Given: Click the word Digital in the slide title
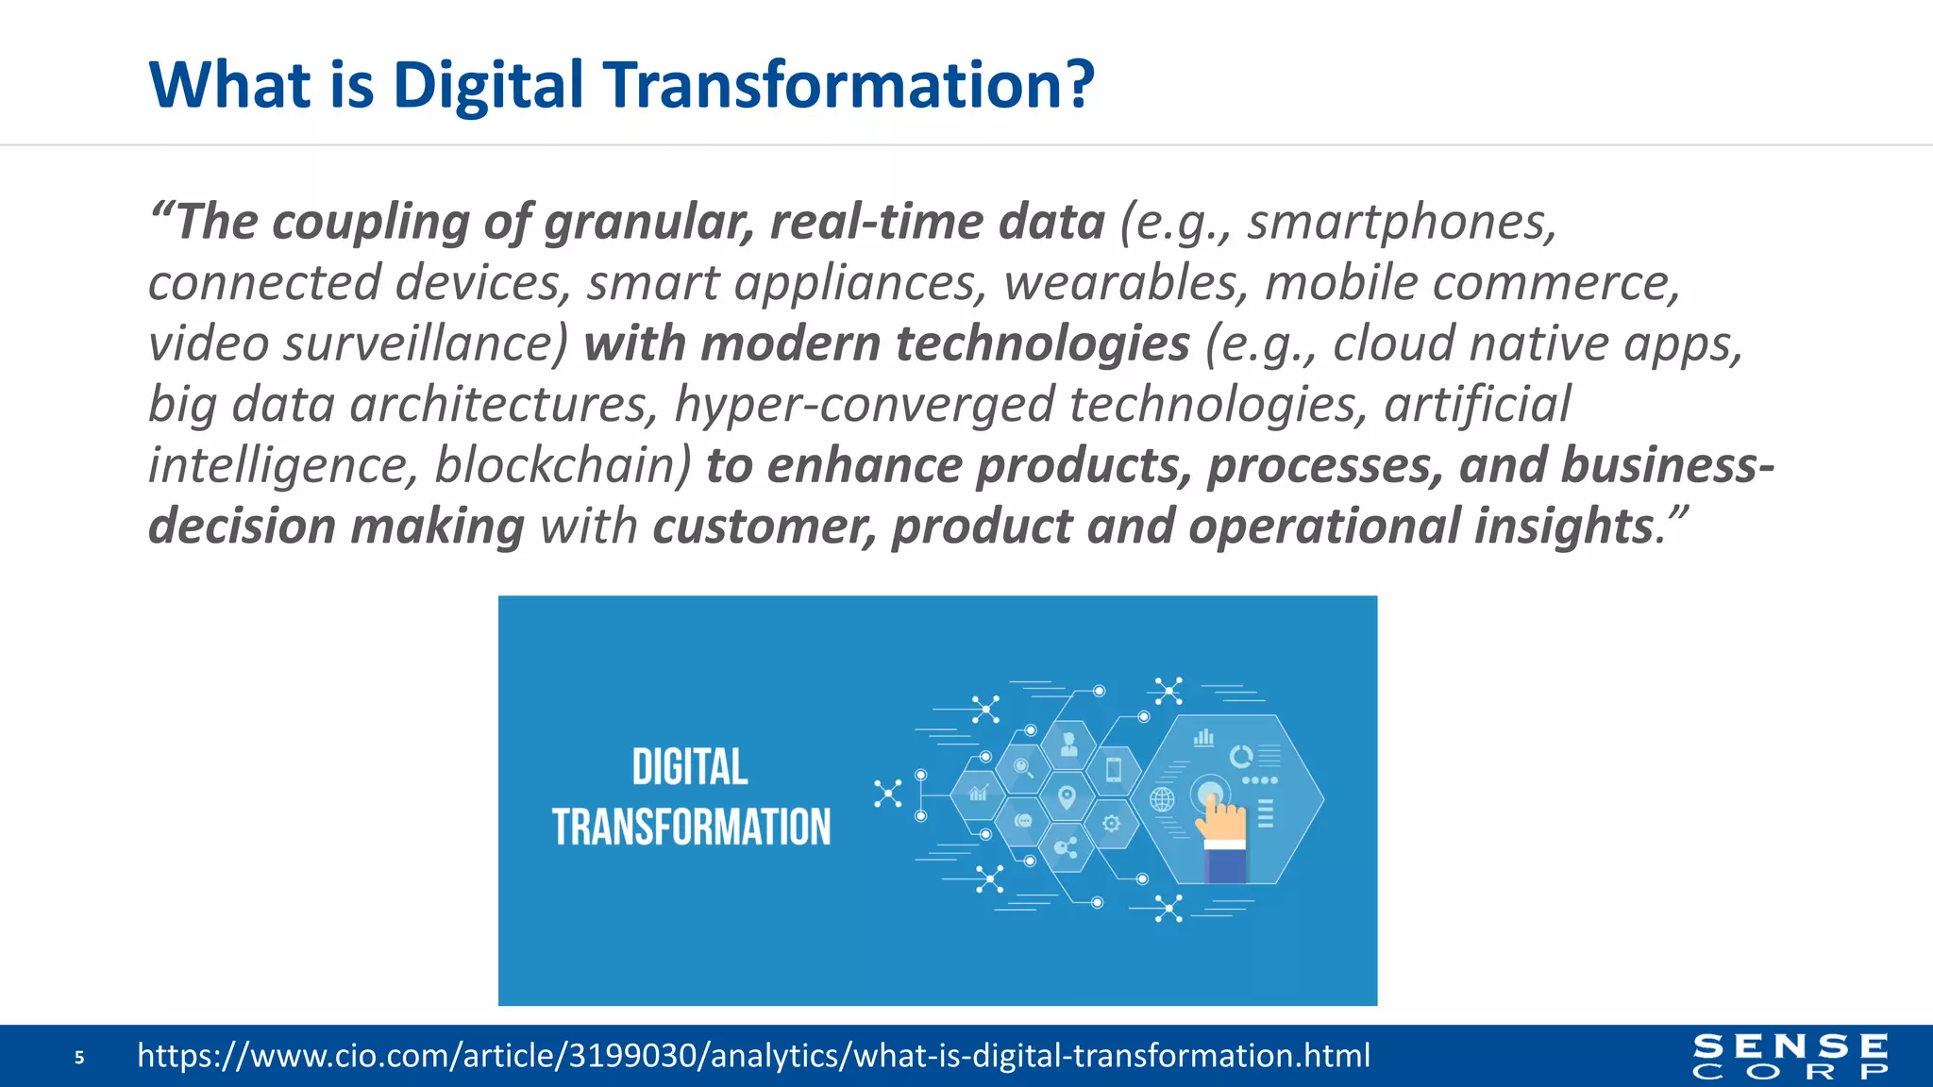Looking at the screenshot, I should [488, 85].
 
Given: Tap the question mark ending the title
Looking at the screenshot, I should [1078, 85].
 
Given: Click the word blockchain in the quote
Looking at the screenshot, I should [563, 465].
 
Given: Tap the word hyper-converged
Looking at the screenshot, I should [864, 405].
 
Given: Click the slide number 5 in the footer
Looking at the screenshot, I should [79, 1058].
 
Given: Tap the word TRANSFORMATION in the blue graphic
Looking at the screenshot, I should [691, 828].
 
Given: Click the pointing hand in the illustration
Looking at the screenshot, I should [1220, 821].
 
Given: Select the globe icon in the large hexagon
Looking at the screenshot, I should [1162, 800].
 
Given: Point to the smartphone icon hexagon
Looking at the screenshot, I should [1114, 769].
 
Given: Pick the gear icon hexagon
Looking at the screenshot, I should [1112, 824].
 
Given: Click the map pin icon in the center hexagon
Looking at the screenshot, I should [1067, 797].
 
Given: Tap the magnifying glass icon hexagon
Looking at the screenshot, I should [1022, 768].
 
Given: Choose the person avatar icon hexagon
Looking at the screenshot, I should [1068, 744].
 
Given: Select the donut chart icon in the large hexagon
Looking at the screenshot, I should [1240, 756].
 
